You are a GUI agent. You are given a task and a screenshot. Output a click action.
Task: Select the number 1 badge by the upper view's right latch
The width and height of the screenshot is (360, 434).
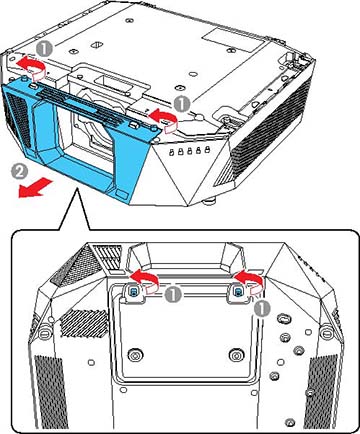pos(181,102)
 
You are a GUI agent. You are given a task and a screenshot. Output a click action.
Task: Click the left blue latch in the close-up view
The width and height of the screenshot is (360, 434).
pos(131,290)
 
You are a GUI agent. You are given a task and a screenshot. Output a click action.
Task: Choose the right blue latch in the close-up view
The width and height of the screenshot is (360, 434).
pos(239,290)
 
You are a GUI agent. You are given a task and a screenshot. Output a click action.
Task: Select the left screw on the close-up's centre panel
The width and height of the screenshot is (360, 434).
pos(136,354)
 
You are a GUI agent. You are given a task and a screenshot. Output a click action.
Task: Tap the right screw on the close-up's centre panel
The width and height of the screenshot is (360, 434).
pos(234,354)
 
